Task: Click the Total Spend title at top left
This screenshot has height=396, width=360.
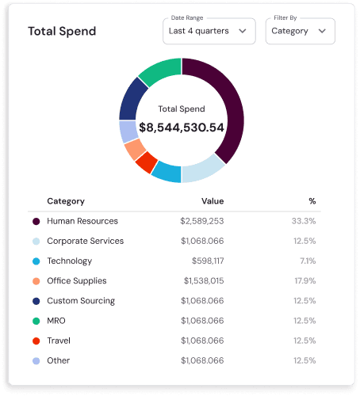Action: [62, 32]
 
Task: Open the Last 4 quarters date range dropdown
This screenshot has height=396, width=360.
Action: [209, 32]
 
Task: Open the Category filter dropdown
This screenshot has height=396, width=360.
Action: [299, 32]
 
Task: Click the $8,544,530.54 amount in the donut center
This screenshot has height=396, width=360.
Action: [182, 127]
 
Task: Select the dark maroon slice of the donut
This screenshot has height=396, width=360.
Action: [226, 103]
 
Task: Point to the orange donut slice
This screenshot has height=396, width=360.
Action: [135, 149]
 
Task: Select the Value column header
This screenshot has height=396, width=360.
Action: [212, 201]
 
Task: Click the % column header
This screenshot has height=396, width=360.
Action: [312, 201]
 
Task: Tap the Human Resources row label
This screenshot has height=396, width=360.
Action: [82, 221]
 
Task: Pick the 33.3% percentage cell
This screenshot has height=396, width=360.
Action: [304, 221]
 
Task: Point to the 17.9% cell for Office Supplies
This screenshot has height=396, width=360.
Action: [305, 280]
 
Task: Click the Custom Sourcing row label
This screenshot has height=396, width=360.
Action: [81, 301]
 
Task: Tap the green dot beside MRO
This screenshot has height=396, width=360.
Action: [36, 321]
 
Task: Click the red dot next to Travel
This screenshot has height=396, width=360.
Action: [36, 341]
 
